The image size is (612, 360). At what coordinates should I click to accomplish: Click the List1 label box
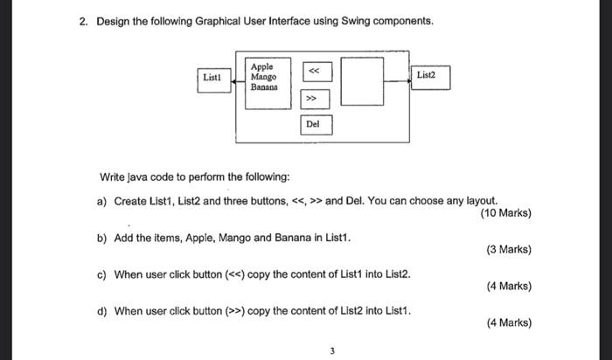[212, 78]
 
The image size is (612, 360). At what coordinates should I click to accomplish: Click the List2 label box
[426, 76]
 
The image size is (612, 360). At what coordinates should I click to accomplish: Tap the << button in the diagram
[313, 71]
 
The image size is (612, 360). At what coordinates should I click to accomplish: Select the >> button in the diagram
[313, 99]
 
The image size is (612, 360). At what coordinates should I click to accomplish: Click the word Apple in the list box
[262, 66]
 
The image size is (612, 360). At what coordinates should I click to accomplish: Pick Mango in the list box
[263, 77]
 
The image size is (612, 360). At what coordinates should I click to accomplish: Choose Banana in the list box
[264, 87]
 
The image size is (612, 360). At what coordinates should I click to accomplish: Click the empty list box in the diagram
[361, 82]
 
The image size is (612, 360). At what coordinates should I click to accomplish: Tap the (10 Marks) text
[506, 212]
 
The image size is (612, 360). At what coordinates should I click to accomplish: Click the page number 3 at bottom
[332, 350]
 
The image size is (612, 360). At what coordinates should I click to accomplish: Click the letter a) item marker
[101, 201]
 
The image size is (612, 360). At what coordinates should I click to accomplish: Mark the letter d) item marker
[101, 310]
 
